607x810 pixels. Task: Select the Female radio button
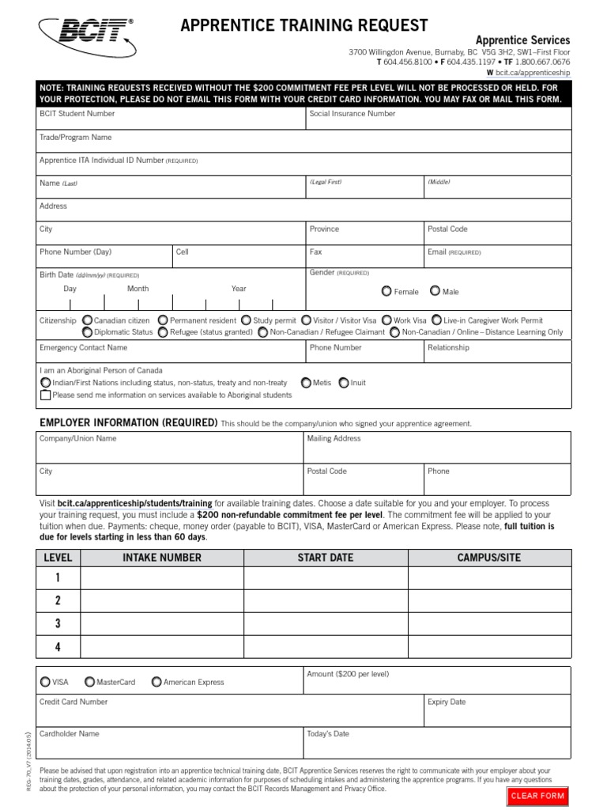pyautogui.click(x=386, y=291)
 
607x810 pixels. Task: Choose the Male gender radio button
pyautogui.click(x=435, y=291)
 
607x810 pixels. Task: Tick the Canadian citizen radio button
pyautogui.click(x=87, y=320)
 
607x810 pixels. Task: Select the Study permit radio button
pyautogui.click(x=246, y=320)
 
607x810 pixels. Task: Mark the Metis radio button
pyautogui.click(x=306, y=383)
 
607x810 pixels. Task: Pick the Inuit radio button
pyautogui.click(x=343, y=383)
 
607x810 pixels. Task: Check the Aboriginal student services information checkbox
pyautogui.click(x=46, y=395)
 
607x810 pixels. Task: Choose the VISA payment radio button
pyautogui.click(x=44, y=682)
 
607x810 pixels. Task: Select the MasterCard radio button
pyautogui.click(x=89, y=682)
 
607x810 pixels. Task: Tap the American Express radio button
pyautogui.click(x=156, y=682)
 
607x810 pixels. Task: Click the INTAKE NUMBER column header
pyautogui.click(x=162, y=558)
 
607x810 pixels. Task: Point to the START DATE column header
pyautogui.click(x=325, y=558)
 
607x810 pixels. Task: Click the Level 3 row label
pyautogui.click(x=58, y=623)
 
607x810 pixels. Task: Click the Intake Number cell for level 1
pyautogui.click(x=162, y=578)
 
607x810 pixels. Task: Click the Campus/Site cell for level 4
pyautogui.click(x=489, y=646)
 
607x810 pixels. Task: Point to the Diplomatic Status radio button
pyautogui.click(x=87, y=332)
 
